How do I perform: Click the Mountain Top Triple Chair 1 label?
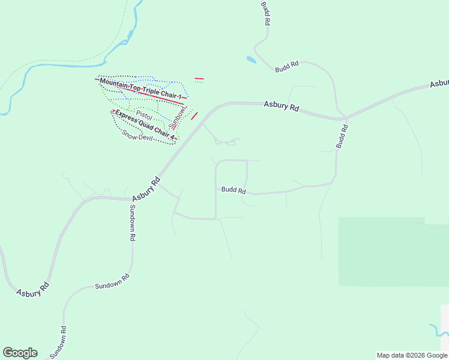click(x=140, y=89)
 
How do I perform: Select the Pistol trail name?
click(x=144, y=113)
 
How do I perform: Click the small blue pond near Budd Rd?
click(x=251, y=59)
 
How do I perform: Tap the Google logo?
click(x=20, y=353)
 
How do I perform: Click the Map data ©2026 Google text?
click(x=412, y=355)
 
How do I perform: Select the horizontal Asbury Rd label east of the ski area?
click(x=282, y=106)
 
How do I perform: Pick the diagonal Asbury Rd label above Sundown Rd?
click(x=146, y=188)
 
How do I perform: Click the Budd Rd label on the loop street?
click(x=234, y=190)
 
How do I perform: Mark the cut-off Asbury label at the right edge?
click(x=439, y=83)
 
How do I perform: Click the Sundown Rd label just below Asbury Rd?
click(x=132, y=222)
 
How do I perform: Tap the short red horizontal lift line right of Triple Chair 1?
click(x=199, y=79)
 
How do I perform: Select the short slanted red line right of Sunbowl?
click(x=194, y=116)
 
